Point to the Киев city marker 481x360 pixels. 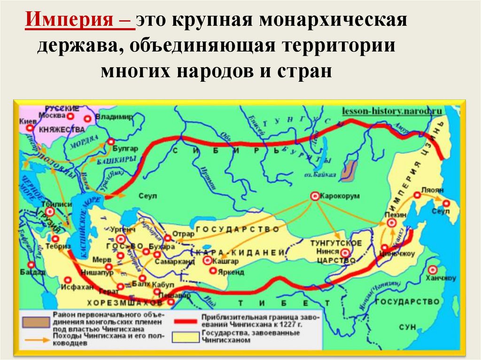click(x=30, y=127)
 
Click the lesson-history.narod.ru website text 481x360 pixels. click(x=392, y=111)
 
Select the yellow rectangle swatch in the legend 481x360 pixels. click(x=186, y=337)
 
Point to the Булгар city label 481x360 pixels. click(x=125, y=149)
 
